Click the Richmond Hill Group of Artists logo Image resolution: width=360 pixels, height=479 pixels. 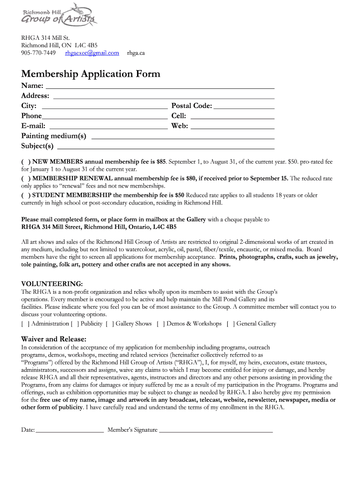coord(59,15)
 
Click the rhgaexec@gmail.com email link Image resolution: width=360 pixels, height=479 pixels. coord(92,53)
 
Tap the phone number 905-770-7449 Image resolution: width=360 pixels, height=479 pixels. coord(38,53)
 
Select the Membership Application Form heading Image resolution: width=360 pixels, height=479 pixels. coord(91,74)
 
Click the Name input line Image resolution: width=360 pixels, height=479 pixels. coord(159,86)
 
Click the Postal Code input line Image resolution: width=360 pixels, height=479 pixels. coord(244,106)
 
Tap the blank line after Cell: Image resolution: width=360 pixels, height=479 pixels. coord(232,116)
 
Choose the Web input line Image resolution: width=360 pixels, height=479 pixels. coord(232,126)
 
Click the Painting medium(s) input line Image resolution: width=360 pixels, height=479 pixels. coord(182,136)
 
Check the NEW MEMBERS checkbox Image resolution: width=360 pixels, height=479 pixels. coord(25,162)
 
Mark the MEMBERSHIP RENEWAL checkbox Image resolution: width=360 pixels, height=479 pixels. coord(25,179)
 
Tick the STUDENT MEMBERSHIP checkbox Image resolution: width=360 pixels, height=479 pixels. coord(25,195)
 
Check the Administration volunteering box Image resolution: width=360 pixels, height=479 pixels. coord(25,324)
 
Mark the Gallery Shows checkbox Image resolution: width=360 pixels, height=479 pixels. coord(110,324)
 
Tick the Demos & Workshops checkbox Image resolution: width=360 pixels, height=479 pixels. coord(161,324)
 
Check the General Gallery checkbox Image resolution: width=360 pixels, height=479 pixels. coord(230,324)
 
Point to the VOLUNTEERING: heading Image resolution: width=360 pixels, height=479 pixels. coord(52,284)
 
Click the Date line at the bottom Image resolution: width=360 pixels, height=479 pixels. coord(69,430)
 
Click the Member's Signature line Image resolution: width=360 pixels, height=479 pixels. coord(216,430)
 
